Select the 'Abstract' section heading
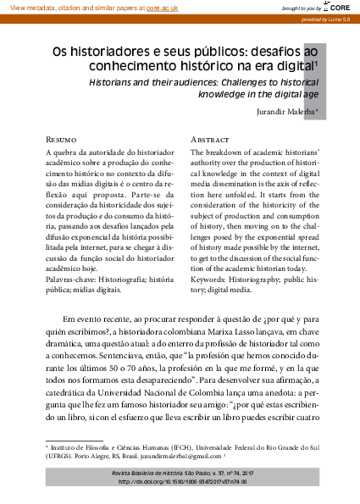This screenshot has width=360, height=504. point(209,138)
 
